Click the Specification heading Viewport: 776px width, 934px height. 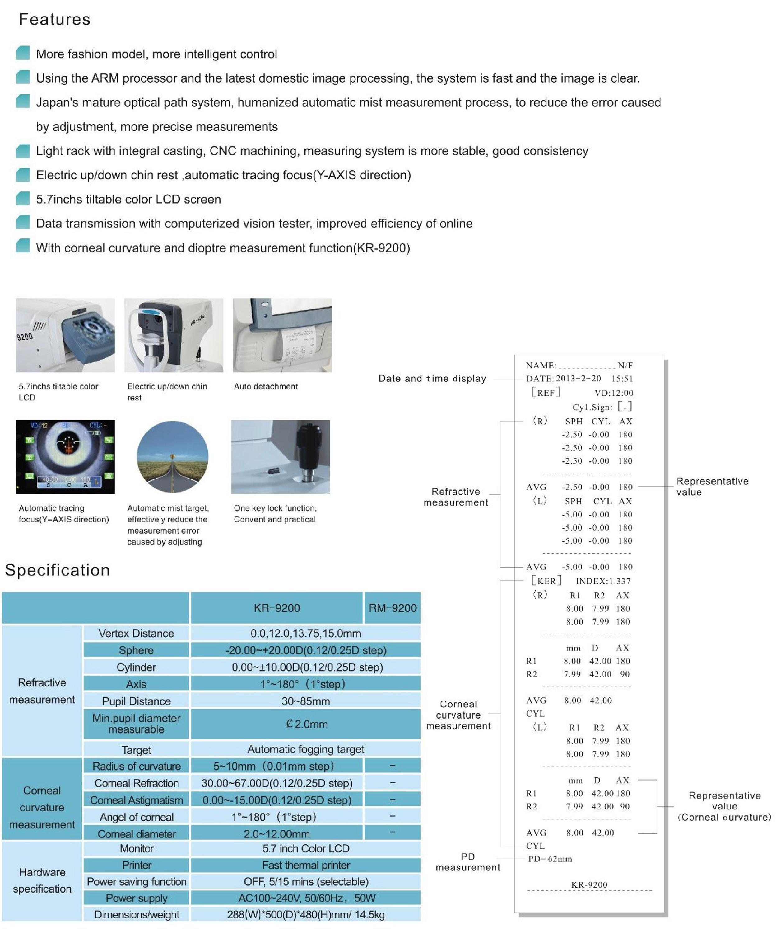[57, 570]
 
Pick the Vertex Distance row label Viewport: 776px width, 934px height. [136, 633]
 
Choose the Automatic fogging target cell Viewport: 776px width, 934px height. [305, 749]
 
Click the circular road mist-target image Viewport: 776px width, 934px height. [172, 457]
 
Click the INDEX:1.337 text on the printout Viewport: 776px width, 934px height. [603, 581]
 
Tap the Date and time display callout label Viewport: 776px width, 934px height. [432, 379]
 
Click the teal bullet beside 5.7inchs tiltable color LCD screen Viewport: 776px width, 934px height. [23, 198]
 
